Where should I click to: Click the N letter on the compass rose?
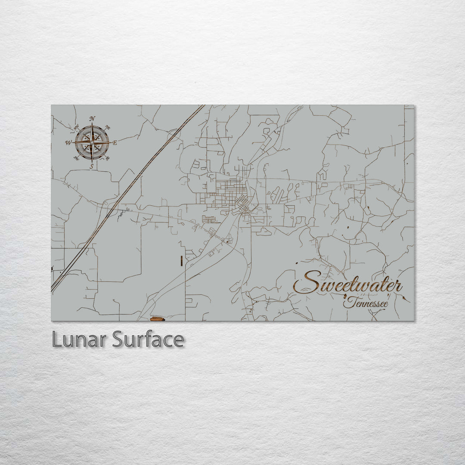pyautogui.click(x=92, y=119)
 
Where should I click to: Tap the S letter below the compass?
pyautogui.click(x=91, y=166)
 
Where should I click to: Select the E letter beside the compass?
pyautogui.click(x=115, y=143)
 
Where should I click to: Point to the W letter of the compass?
pyautogui.click(x=68, y=143)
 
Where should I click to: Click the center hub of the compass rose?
pyautogui.click(x=91, y=142)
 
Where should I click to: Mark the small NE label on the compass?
pyautogui.click(x=108, y=128)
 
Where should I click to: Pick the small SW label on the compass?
pyautogui.click(x=76, y=158)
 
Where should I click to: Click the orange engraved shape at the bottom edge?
pyautogui.click(x=157, y=319)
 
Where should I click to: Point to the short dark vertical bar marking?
pyautogui.click(x=182, y=260)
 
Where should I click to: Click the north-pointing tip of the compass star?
pyautogui.click(x=92, y=125)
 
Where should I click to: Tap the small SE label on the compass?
pyautogui.click(x=107, y=158)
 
